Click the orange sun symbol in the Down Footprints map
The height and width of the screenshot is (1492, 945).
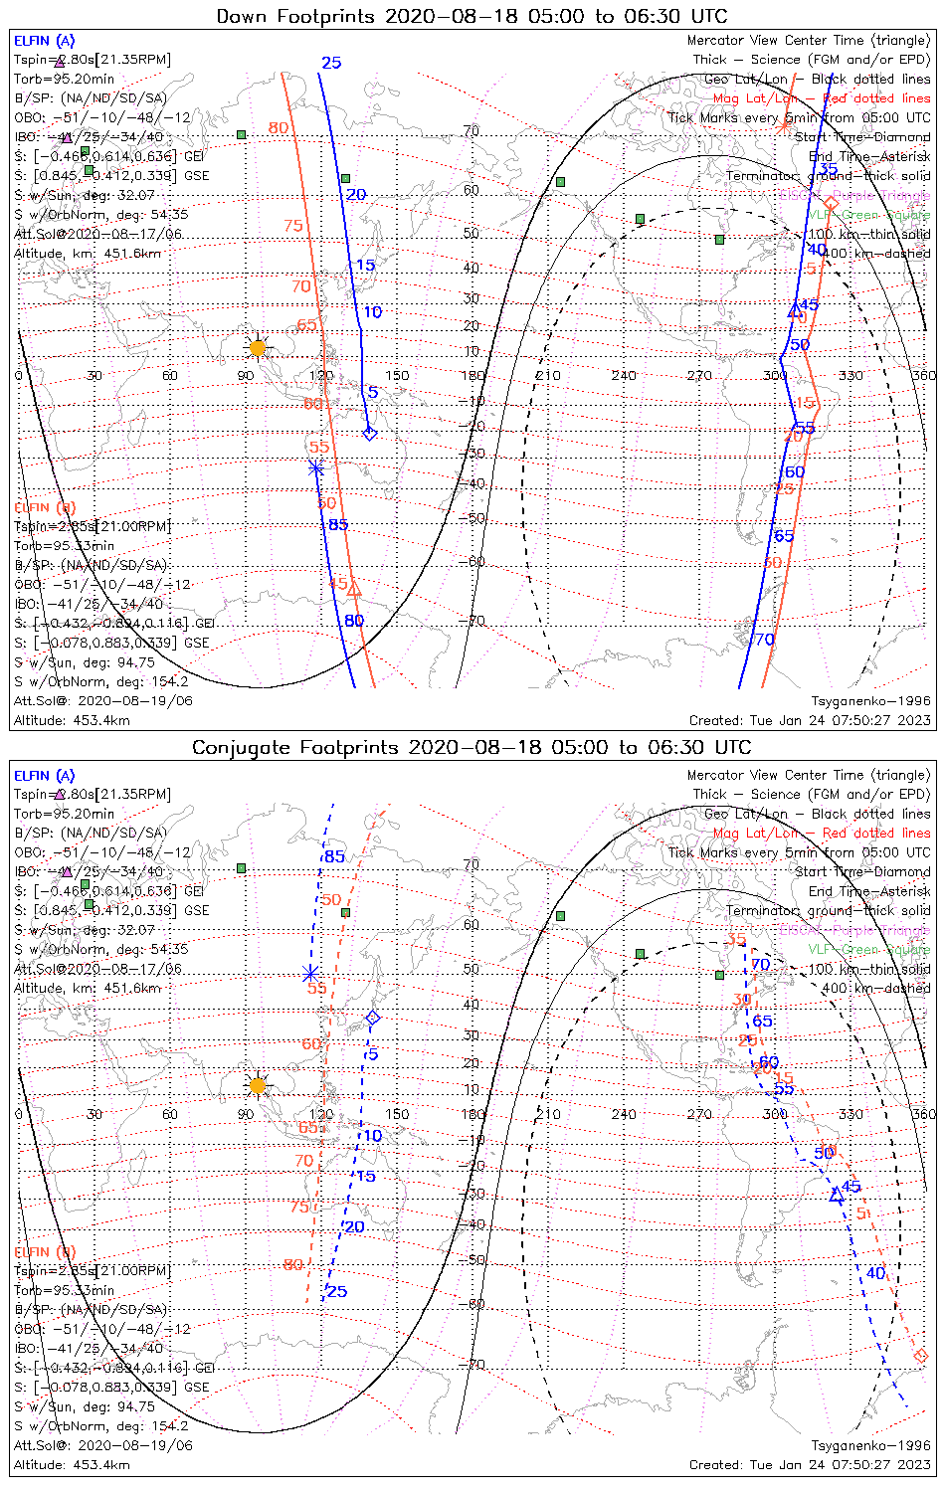pos(258,347)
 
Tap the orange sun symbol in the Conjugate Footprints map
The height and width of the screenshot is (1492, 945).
pos(258,1085)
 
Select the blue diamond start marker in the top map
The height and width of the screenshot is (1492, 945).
pos(370,433)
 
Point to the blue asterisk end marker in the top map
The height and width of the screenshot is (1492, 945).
pos(316,467)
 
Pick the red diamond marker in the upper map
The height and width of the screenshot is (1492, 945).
pos(832,203)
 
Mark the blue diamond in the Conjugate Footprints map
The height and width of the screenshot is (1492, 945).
pos(373,1018)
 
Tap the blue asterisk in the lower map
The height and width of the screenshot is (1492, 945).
pos(310,974)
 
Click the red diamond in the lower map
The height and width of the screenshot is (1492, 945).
pos(921,1356)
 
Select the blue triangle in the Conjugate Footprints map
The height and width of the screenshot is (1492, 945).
pos(837,1197)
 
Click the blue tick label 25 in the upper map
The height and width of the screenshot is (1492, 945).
pos(331,64)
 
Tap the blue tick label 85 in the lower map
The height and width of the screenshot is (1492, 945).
pos(334,856)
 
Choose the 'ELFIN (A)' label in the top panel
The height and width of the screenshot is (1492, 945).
pos(44,41)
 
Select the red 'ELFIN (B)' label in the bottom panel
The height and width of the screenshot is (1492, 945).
pos(45,1251)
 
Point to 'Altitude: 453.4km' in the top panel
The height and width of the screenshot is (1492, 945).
pos(72,720)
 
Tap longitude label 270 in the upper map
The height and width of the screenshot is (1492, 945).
pos(699,375)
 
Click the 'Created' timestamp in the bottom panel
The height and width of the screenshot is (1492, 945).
pos(810,1464)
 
